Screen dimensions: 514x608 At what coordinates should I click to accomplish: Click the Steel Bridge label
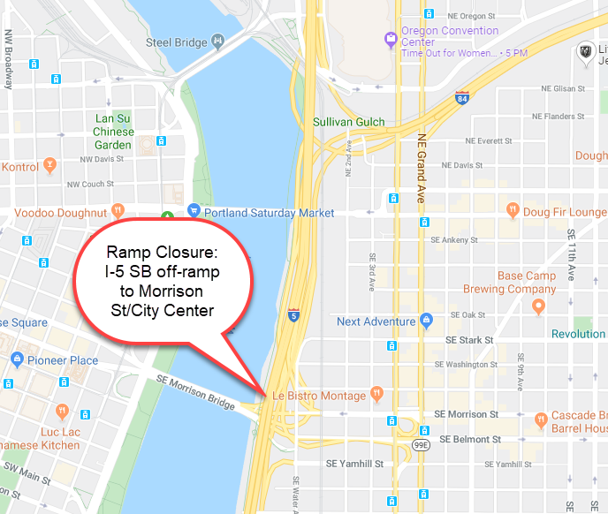click(176, 42)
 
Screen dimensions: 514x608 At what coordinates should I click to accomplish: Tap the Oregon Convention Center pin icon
click(390, 37)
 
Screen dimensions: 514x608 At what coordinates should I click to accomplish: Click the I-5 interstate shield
click(293, 314)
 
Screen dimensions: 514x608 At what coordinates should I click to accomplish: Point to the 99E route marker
click(421, 445)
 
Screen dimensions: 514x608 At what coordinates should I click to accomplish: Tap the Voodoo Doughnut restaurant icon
click(118, 211)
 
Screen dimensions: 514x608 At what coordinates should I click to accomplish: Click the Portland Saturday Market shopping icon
click(194, 212)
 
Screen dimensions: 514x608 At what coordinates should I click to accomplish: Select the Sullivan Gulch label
click(349, 122)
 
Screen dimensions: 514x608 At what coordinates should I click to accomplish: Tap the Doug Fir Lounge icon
click(512, 211)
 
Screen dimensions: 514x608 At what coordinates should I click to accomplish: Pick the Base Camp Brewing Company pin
click(538, 306)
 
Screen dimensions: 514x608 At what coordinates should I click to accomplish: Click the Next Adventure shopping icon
click(427, 321)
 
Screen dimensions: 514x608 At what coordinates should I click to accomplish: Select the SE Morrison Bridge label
click(195, 390)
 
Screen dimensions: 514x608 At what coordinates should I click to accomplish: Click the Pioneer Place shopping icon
click(17, 359)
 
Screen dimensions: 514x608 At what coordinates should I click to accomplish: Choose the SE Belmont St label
click(470, 439)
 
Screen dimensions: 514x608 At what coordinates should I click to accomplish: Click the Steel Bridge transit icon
click(217, 42)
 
